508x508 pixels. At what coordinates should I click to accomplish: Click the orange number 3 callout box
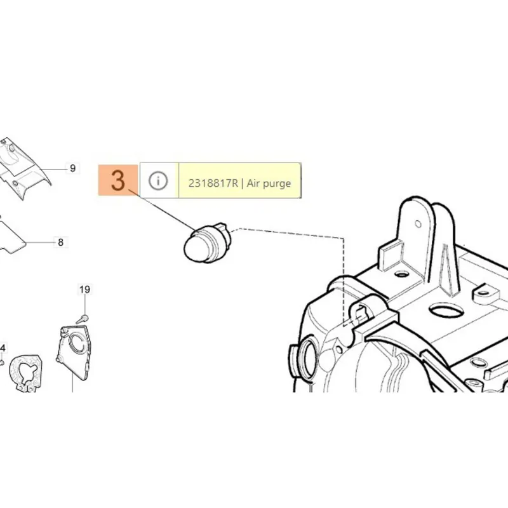pyautogui.click(x=118, y=180)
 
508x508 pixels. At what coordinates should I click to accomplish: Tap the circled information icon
pyautogui.click(x=158, y=180)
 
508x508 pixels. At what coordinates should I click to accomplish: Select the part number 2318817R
pyautogui.click(x=213, y=184)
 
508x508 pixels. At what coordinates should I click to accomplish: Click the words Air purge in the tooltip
pyautogui.click(x=269, y=184)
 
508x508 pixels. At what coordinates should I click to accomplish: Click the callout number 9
pyautogui.click(x=72, y=168)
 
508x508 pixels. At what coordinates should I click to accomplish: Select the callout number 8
pyautogui.click(x=60, y=243)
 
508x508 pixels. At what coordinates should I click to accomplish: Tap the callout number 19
pyautogui.click(x=84, y=290)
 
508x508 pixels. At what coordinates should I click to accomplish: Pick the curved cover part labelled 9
pyautogui.click(x=23, y=168)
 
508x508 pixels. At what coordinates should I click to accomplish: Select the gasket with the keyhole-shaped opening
pyautogui.click(x=25, y=373)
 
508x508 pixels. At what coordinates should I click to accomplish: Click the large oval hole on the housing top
pyautogui.click(x=446, y=311)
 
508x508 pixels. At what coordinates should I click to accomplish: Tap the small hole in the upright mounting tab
pyautogui.click(x=418, y=224)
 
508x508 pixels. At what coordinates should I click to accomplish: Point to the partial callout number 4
pyautogui.click(x=3, y=349)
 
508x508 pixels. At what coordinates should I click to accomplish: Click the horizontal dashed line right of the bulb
pyautogui.click(x=288, y=233)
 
